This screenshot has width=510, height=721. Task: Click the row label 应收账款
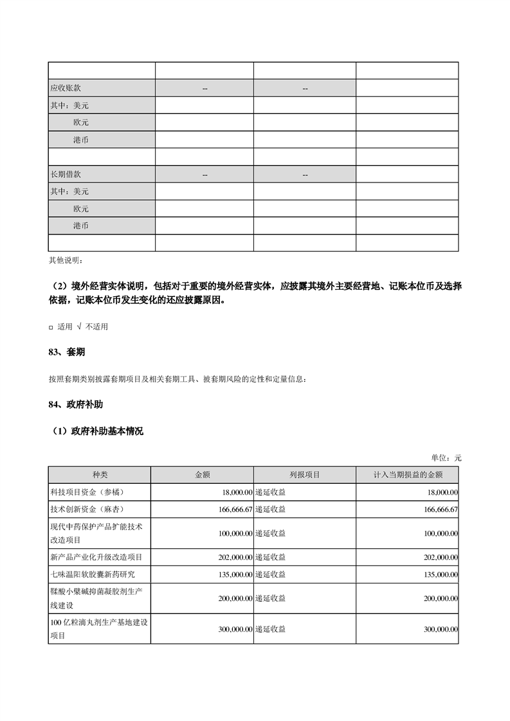(66, 88)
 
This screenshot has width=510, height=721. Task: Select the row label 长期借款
(66, 174)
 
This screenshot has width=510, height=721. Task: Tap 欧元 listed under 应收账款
(81, 122)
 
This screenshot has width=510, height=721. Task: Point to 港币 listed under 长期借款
(81, 226)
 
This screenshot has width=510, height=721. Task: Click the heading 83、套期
(67, 353)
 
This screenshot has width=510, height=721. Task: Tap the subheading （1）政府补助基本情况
(97, 431)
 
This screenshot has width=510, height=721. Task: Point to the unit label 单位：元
(446, 458)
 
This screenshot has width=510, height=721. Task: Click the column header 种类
(100, 475)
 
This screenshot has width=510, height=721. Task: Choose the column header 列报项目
(304, 475)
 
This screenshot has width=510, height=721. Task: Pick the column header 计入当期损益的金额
(407, 475)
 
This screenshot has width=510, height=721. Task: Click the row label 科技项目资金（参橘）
(86, 492)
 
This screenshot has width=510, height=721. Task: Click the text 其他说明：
(66, 260)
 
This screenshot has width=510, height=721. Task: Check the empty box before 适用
(51, 327)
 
